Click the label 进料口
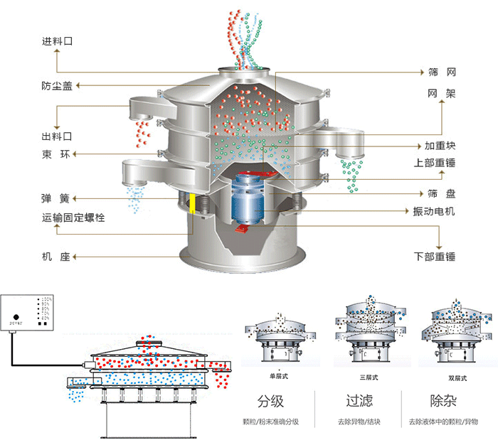[x=58, y=42]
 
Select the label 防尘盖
[x=58, y=86]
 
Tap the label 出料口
[x=58, y=135]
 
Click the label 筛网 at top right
[x=441, y=73]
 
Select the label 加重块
[x=440, y=146]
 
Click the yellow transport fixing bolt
[x=193, y=203]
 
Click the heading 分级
[x=275, y=402]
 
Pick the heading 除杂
[x=443, y=402]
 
